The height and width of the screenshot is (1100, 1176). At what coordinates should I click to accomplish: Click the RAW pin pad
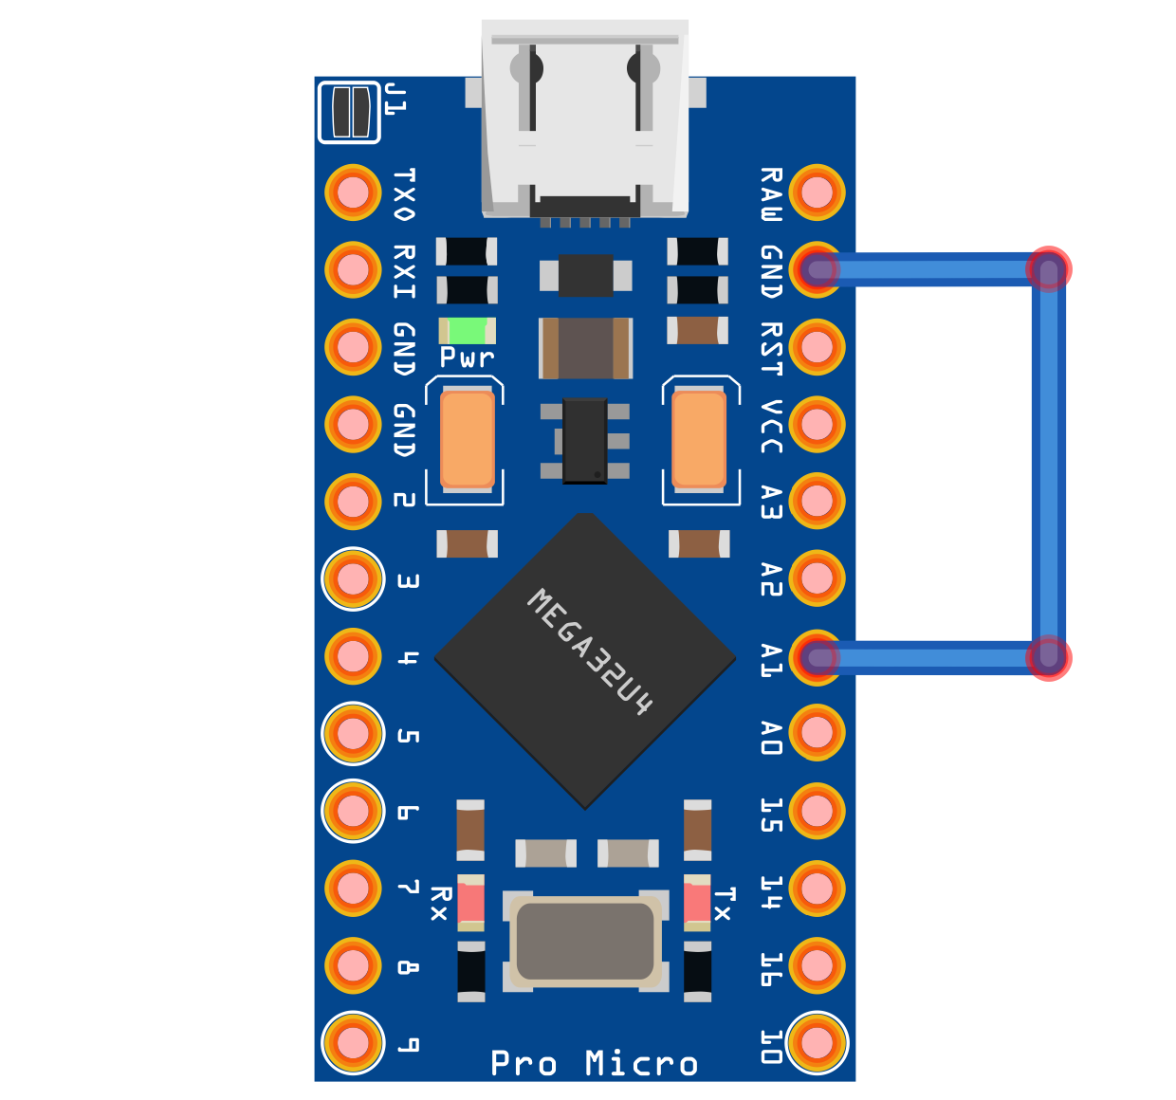[x=817, y=192]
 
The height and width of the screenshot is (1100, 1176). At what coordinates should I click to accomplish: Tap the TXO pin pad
[x=353, y=192]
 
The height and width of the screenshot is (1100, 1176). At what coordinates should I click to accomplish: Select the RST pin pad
[x=817, y=347]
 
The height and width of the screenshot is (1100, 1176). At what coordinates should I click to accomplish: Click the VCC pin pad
[x=817, y=424]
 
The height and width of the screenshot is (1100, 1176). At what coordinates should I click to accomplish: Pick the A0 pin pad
[x=817, y=732]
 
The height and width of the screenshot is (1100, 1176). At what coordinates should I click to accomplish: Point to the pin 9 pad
[x=353, y=1042]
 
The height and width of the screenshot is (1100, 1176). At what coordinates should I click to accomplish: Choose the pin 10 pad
[x=817, y=1042]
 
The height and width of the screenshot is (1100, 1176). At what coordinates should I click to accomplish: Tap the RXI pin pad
[x=353, y=270]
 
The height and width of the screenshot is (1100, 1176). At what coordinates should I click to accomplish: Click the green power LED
[x=467, y=331]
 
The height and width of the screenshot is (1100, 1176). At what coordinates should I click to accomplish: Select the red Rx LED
[x=470, y=902]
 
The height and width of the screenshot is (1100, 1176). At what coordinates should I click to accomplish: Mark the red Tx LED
[x=697, y=902]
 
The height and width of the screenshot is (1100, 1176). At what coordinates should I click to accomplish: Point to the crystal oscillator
[x=584, y=942]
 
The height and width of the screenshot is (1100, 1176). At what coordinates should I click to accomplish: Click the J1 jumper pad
[x=349, y=112]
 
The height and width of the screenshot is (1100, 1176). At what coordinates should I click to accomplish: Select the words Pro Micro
[x=595, y=1063]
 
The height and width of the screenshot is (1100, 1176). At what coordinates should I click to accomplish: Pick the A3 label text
[x=771, y=502]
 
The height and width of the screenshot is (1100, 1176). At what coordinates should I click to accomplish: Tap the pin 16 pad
[x=817, y=965]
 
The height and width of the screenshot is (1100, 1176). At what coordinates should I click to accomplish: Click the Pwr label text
[x=467, y=357]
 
